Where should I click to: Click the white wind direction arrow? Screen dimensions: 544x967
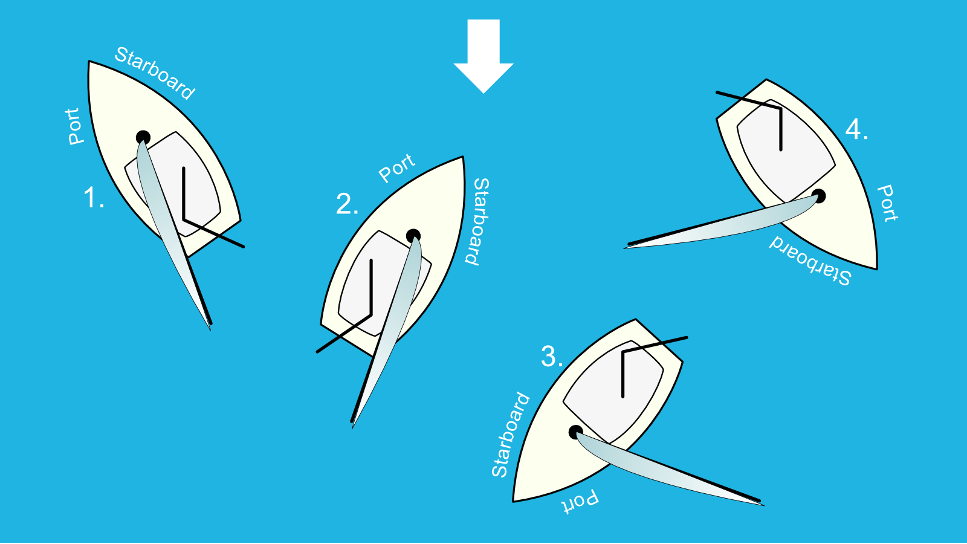483,54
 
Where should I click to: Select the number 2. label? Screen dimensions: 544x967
347,204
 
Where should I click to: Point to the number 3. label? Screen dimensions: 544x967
552,357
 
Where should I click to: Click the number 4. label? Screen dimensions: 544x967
856,129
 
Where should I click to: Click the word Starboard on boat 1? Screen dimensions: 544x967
155,73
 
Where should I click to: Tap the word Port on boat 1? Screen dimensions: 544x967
73,126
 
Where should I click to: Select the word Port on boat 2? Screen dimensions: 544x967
396,168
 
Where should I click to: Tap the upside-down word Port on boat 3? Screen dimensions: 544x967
580,502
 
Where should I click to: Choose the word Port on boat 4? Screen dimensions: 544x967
887,203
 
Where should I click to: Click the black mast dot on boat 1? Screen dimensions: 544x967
143,137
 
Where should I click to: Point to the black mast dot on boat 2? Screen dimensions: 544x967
413,236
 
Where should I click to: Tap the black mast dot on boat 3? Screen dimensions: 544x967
576,432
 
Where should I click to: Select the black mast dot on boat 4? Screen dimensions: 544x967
818,196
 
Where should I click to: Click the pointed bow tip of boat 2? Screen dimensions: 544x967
463,157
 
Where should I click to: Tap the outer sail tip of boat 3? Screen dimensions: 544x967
763,504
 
